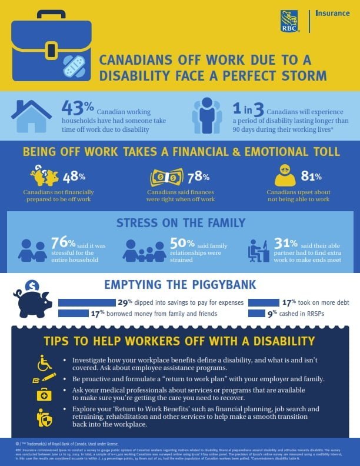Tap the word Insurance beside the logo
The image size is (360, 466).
click(x=332, y=13)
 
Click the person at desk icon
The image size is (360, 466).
click(x=259, y=249)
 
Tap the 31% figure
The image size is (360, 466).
click(x=287, y=242)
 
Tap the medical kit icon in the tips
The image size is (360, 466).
click(x=45, y=394)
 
